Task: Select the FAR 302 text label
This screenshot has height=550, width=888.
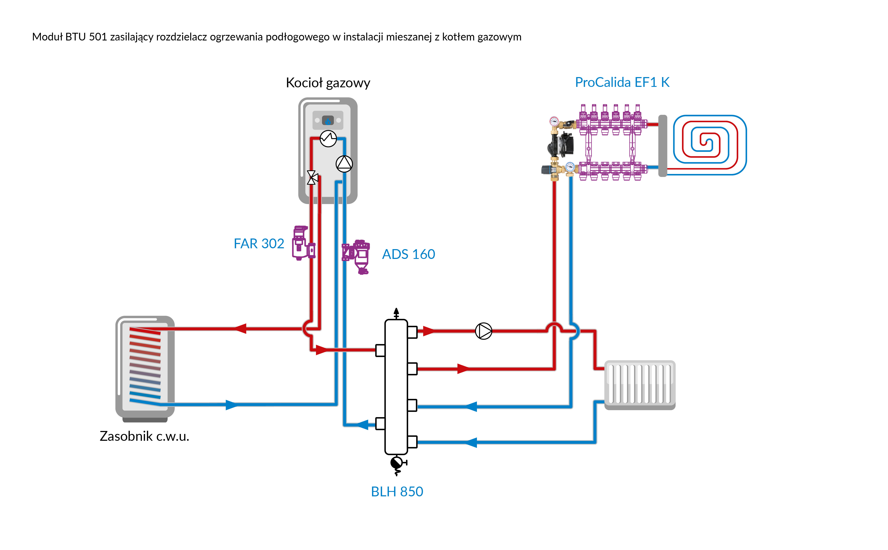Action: pos(259,243)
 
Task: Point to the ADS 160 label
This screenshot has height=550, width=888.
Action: pos(408,254)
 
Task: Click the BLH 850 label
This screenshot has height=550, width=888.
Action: pos(397,491)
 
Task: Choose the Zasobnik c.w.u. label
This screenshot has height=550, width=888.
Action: pos(144,436)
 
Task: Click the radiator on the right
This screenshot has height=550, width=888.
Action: pos(640,385)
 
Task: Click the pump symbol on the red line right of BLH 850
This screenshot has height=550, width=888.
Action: pos(483,331)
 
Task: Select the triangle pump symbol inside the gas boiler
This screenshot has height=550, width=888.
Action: pos(344,164)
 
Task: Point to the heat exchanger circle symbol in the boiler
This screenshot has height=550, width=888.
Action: pos(328,139)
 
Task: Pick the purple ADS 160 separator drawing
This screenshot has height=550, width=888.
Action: pos(357,256)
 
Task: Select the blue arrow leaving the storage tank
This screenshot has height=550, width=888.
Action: pos(231,405)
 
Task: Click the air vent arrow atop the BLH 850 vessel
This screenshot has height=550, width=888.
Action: pos(396,313)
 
